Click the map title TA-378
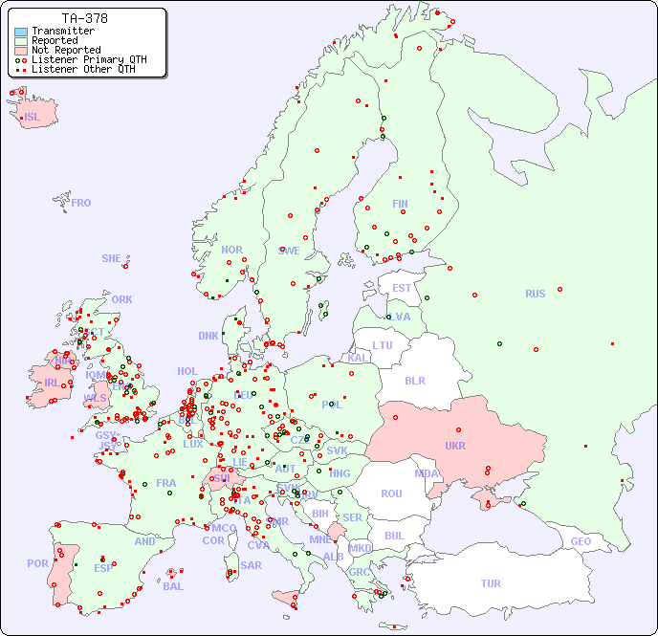pos(84,18)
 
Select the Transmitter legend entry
pos(62,31)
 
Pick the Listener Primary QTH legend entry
pos(89,59)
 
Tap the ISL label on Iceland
pos(33,118)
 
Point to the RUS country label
pos(535,294)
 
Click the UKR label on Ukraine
pos(455,447)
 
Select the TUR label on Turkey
pos(491,583)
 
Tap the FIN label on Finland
pos(400,204)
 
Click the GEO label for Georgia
pos(581,541)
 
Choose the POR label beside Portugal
pos(37,563)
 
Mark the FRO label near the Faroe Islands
pos(81,203)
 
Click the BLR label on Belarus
pos(414,380)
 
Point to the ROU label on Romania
pos(391,493)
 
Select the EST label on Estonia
pos(402,288)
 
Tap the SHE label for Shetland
pos(112,258)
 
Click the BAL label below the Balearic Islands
pos(172,586)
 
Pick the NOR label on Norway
pos(231,250)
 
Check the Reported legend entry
pos(55,40)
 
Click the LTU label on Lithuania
pos(383,345)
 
